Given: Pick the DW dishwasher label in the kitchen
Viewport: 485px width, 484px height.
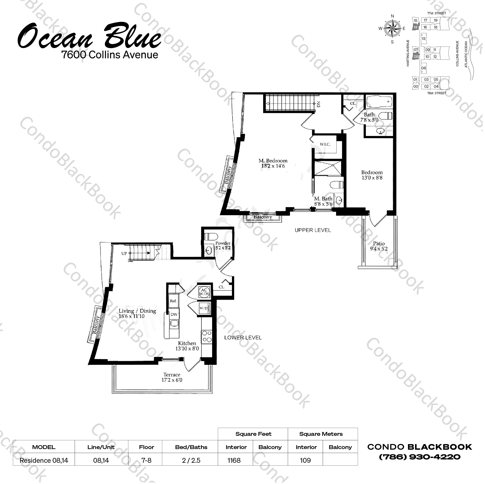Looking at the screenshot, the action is pyautogui.click(x=174, y=314).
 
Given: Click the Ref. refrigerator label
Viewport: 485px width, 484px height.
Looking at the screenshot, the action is pyautogui.click(x=173, y=301).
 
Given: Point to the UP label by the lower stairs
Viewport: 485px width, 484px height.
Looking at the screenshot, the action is pyautogui.click(x=124, y=253).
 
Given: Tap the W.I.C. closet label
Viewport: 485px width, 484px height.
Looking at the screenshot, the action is pyautogui.click(x=325, y=144).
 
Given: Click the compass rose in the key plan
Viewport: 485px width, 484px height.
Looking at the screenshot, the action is pyautogui.click(x=392, y=28).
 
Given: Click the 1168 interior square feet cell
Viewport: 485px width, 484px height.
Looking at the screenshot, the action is pyautogui.click(x=234, y=460).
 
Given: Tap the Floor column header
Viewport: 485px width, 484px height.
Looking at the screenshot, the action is pyautogui.click(x=147, y=447).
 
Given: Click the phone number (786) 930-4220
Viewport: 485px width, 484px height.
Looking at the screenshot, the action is pyautogui.click(x=420, y=457).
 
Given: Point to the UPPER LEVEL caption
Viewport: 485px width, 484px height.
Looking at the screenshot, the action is pyautogui.click(x=313, y=230).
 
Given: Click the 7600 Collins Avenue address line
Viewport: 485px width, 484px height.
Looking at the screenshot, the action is pyautogui.click(x=110, y=55).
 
